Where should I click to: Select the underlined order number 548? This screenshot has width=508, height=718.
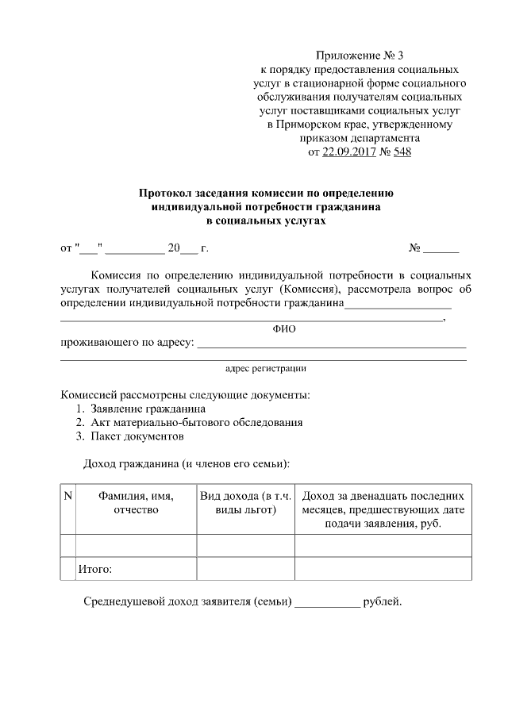point(402,151)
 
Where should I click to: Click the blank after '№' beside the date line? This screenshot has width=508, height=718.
point(441,250)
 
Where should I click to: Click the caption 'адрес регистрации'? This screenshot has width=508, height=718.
point(265,368)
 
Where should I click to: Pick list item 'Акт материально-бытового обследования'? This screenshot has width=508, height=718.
point(196,423)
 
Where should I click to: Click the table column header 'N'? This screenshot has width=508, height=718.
point(67,496)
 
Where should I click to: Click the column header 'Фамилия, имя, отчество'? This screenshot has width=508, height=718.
point(136,502)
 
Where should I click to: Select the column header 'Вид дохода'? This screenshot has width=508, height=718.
point(245,502)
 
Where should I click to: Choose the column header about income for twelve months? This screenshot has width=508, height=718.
point(383,509)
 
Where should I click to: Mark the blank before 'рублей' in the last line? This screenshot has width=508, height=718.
point(327,601)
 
